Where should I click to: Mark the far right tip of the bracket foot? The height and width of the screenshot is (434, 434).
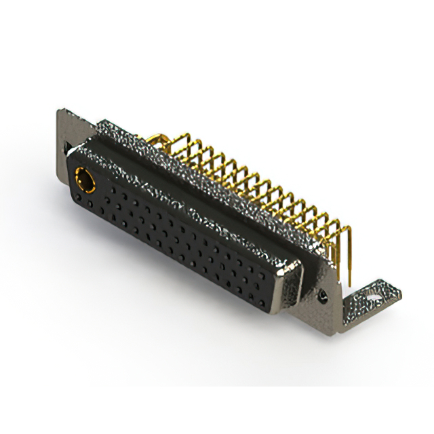(x=401, y=292)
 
